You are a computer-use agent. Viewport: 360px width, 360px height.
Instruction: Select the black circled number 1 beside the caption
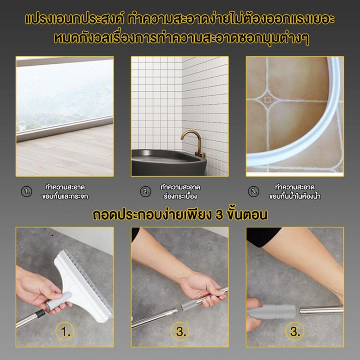click(27, 192)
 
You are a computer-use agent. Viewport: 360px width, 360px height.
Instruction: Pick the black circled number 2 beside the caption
click(146, 192)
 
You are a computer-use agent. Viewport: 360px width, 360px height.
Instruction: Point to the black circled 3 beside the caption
click(253, 192)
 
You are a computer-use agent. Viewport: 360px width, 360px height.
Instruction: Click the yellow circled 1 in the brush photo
click(65, 331)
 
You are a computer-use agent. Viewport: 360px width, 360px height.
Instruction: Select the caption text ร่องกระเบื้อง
click(180, 197)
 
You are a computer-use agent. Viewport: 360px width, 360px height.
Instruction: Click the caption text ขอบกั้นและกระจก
click(65, 197)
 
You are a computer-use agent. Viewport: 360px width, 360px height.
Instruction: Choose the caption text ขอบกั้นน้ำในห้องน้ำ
click(295, 197)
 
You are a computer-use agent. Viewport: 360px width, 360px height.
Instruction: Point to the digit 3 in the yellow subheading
click(219, 215)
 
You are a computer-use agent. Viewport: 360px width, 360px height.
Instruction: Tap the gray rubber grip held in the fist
click(271, 311)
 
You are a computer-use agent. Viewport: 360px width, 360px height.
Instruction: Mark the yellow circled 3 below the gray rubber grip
click(295, 331)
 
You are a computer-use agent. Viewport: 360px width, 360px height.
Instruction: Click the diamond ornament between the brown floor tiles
click(267, 99)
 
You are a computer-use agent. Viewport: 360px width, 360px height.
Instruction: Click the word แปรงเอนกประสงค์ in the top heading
click(75, 19)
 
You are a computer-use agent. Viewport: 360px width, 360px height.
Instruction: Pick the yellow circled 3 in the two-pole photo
click(180, 331)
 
